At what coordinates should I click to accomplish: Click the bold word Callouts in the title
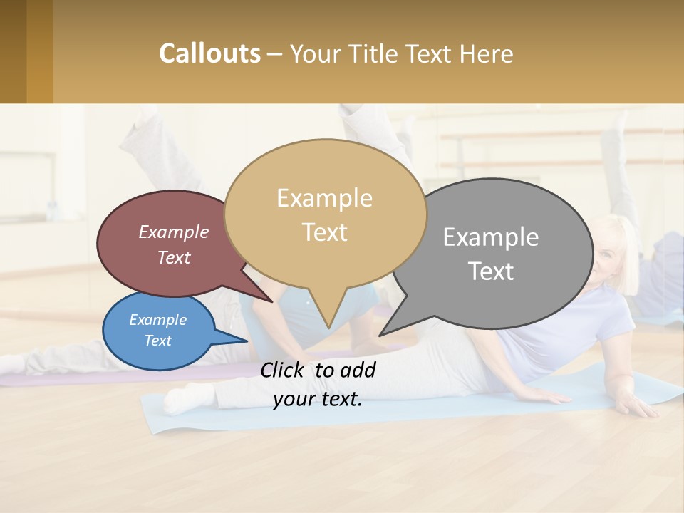(x=209, y=53)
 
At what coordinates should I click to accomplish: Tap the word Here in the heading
(x=485, y=54)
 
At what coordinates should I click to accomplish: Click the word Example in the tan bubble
(x=324, y=198)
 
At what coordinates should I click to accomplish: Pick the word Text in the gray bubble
(x=491, y=271)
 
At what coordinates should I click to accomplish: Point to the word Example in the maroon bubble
(x=173, y=232)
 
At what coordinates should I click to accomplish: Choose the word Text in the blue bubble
(x=157, y=341)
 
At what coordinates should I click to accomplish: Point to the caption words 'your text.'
(x=318, y=399)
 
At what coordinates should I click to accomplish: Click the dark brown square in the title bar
(x=13, y=51)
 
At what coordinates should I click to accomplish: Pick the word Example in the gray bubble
(x=491, y=237)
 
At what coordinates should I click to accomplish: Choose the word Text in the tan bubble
(x=324, y=232)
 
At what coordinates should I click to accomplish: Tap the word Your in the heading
(x=316, y=54)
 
